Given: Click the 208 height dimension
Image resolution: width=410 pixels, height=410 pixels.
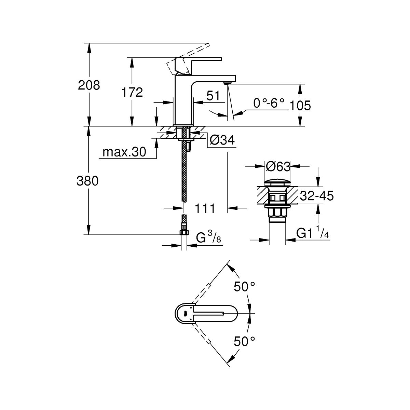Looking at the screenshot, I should (x=89, y=85).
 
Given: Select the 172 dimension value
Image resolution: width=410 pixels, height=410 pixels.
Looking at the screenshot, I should (x=132, y=92).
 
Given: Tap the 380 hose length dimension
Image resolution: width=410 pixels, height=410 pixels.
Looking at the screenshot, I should (x=88, y=181).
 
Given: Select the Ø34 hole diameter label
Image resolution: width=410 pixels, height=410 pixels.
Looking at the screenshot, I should (x=222, y=140).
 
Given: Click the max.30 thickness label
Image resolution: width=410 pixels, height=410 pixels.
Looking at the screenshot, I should (x=124, y=152).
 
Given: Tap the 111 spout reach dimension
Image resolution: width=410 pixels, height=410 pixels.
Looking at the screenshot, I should (x=205, y=208).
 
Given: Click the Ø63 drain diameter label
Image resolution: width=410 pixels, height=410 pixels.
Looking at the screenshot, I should (x=278, y=166).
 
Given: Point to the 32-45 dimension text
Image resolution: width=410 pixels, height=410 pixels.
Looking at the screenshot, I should (x=316, y=196).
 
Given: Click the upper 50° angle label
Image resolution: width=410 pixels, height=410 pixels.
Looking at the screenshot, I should (x=245, y=286).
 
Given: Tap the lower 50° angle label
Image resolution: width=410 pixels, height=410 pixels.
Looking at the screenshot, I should (x=245, y=341).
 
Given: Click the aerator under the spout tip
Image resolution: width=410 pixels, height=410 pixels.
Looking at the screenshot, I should (x=228, y=82).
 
